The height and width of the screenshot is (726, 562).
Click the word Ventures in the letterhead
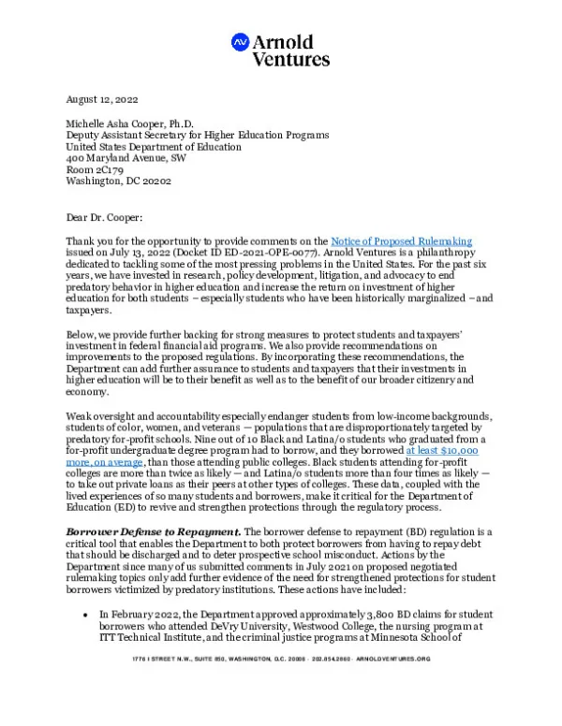tap(291, 59)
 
